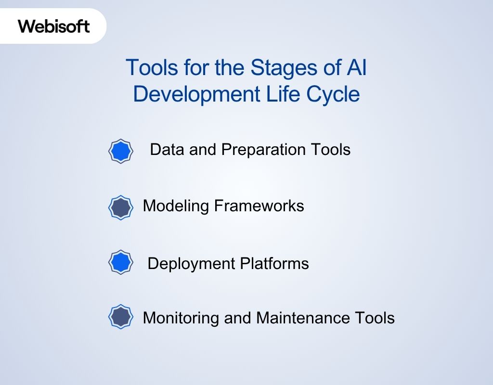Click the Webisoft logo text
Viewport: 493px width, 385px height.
coord(54,26)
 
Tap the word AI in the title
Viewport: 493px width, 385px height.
coord(356,68)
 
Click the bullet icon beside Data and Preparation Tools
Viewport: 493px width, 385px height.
coord(120,151)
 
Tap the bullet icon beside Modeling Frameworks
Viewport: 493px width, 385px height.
coord(120,207)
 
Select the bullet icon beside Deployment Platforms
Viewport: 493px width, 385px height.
coord(120,263)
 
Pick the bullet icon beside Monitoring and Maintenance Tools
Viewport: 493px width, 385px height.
coord(120,317)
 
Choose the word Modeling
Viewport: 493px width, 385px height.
coord(176,206)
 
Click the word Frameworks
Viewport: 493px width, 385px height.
coord(259,206)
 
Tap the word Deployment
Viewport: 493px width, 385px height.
coord(187,264)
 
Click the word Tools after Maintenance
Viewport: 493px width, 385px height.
coord(375,318)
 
